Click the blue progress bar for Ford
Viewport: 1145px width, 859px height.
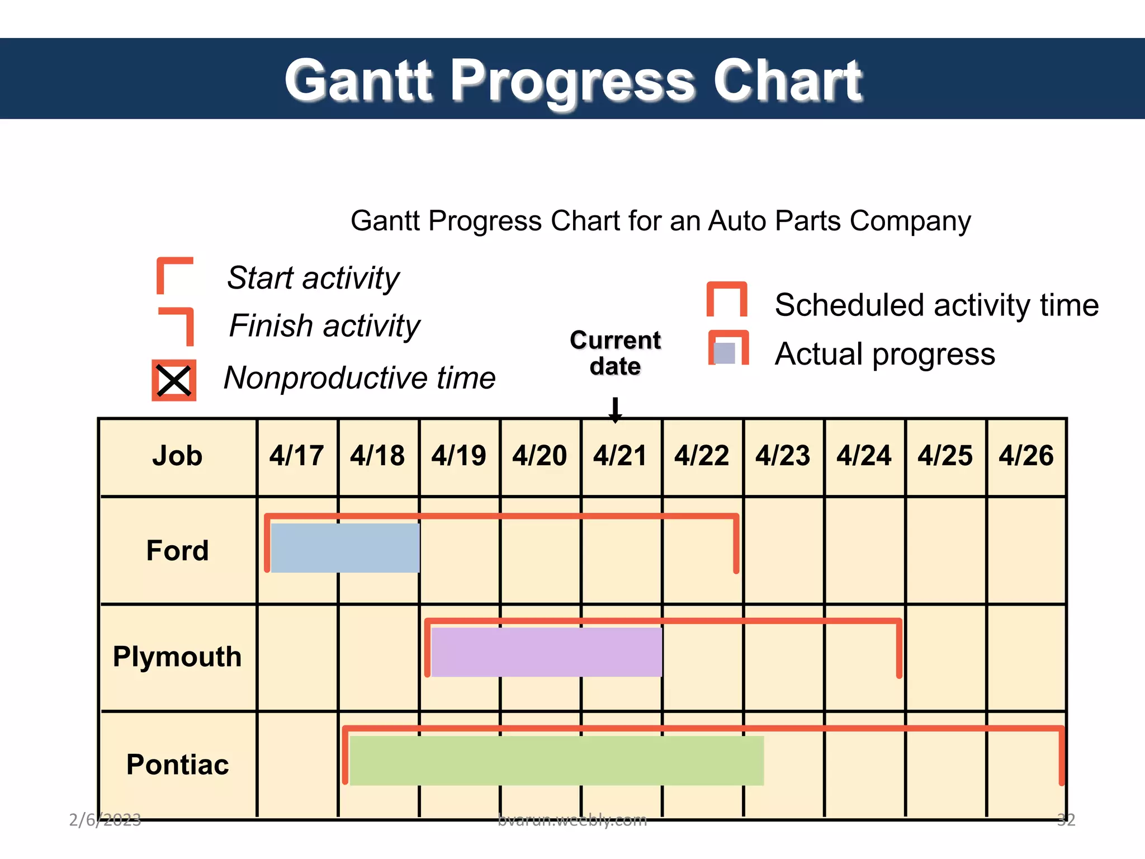pyautogui.click(x=345, y=548)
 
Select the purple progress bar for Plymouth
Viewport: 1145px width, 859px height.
pyautogui.click(x=546, y=652)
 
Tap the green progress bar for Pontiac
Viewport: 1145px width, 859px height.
pyautogui.click(x=556, y=760)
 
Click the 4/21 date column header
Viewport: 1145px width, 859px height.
pyautogui.click(x=620, y=456)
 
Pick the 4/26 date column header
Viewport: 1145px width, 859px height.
pyautogui.click(x=1026, y=456)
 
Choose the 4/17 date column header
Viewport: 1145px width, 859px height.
pyautogui.click(x=296, y=456)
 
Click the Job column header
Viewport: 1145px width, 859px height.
pyautogui.click(x=177, y=456)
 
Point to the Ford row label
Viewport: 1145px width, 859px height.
pyautogui.click(x=177, y=550)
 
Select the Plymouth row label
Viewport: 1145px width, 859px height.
pyautogui.click(x=177, y=657)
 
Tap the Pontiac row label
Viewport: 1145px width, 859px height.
pyautogui.click(x=177, y=764)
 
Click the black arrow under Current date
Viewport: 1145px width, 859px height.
pyautogui.click(x=615, y=410)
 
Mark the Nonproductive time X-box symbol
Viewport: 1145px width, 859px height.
pyautogui.click(x=174, y=380)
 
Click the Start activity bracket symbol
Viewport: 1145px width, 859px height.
pyautogui.click(x=174, y=275)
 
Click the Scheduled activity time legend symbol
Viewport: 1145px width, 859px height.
pyautogui.click(x=727, y=300)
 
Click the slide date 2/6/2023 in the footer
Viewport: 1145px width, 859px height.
pyautogui.click(x=105, y=820)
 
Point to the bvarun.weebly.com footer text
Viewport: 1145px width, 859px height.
pyautogui.click(x=572, y=820)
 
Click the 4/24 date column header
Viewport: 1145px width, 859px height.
pyautogui.click(x=864, y=456)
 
